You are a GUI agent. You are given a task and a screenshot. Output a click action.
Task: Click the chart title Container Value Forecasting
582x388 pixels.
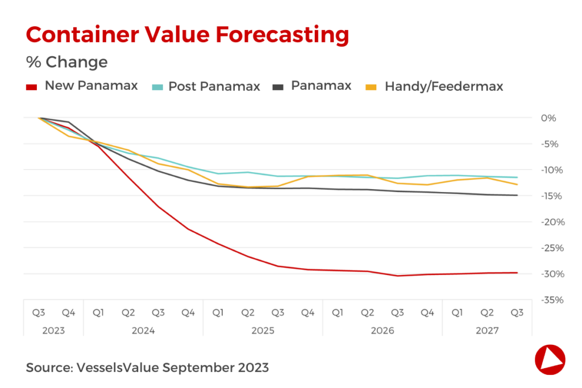pyautogui.click(x=187, y=35)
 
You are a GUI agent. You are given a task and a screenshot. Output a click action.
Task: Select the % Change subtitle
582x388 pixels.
pyautogui.click(x=66, y=61)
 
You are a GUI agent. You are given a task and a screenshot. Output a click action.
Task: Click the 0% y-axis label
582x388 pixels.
pyautogui.click(x=548, y=118)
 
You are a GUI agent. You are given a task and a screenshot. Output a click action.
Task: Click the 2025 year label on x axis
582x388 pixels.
pyautogui.click(x=263, y=330)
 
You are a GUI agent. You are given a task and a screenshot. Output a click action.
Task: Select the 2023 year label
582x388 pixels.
pyautogui.click(x=53, y=330)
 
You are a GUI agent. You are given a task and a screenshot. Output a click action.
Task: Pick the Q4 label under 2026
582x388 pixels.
pyautogui.click(x=427, y=312)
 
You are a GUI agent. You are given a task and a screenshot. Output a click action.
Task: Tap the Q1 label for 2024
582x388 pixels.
pyautogui.click(x=98, y=312)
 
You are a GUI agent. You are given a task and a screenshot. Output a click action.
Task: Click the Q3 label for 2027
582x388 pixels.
pyautogui.click(x=517, y=312)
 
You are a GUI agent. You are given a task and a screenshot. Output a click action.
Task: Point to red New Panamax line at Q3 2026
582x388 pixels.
pyautogui.click(x=398, y=276)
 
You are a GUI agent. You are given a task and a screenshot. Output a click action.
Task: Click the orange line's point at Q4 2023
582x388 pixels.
pyautogui.click(x=69, y=136)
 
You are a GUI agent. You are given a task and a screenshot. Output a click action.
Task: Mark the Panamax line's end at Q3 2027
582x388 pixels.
pyautogui.click(x=517, y=195)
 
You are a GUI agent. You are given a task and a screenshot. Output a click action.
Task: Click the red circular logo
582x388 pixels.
pyautogui.click(x=550, y=359)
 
